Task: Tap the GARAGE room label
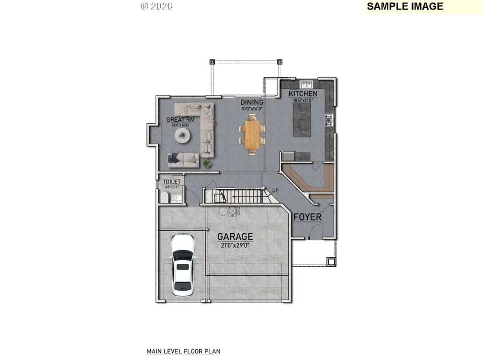tap(235, 237)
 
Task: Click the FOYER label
tap(307, 217)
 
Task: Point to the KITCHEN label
tap(303, 94)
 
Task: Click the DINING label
tap(252, 102)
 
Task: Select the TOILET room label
tap(172, 182)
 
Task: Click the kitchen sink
tap(307, 84)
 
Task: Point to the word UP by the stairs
tap(275, 190)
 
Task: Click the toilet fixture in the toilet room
tap(166, 198)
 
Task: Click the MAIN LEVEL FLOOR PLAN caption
tap(184, 352)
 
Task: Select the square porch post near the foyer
tap(331, 262)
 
